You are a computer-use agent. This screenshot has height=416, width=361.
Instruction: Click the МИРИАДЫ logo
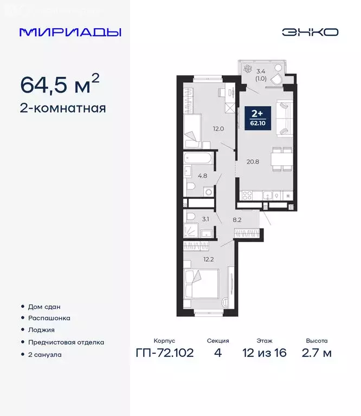tap(70, 32)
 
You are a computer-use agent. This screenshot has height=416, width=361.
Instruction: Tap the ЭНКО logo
tap(310, 32)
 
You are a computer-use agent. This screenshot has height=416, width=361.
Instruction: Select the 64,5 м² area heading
tap(60, 84)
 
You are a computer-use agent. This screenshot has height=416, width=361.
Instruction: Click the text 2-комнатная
tap(63, 108)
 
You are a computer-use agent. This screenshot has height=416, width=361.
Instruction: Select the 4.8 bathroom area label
tap(202, 175)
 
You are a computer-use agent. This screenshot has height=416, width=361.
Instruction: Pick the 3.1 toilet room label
tap(205, 219)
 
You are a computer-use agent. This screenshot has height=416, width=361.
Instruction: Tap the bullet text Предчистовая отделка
tap(66, 342)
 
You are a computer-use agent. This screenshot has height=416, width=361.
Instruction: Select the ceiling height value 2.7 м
tap(317, 354)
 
